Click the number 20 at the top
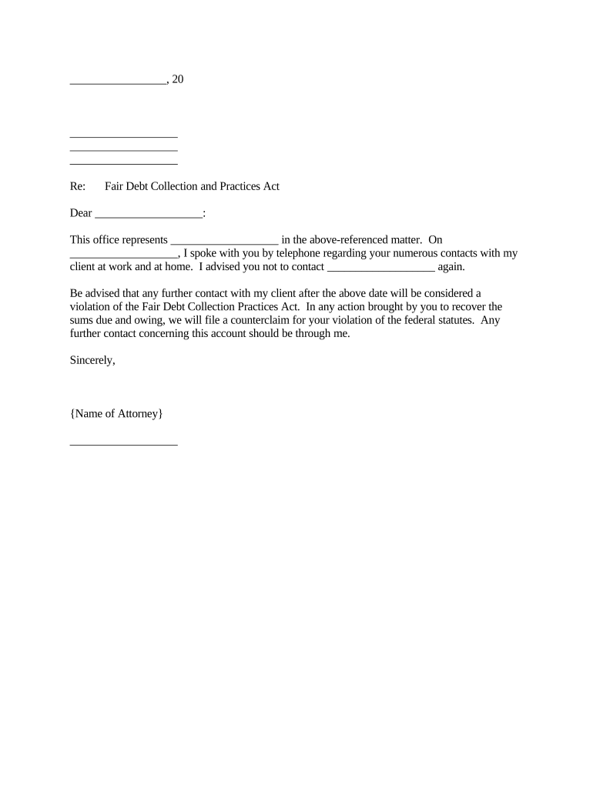pos(177,79)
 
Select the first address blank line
pos(123,137)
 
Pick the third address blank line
pos(123,163)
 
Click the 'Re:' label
pos(77,186)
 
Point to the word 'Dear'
pos(81,213)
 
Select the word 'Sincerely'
pos(92,360)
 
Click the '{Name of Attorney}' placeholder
pos(116,414)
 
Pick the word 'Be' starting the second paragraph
pos(76,293)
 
